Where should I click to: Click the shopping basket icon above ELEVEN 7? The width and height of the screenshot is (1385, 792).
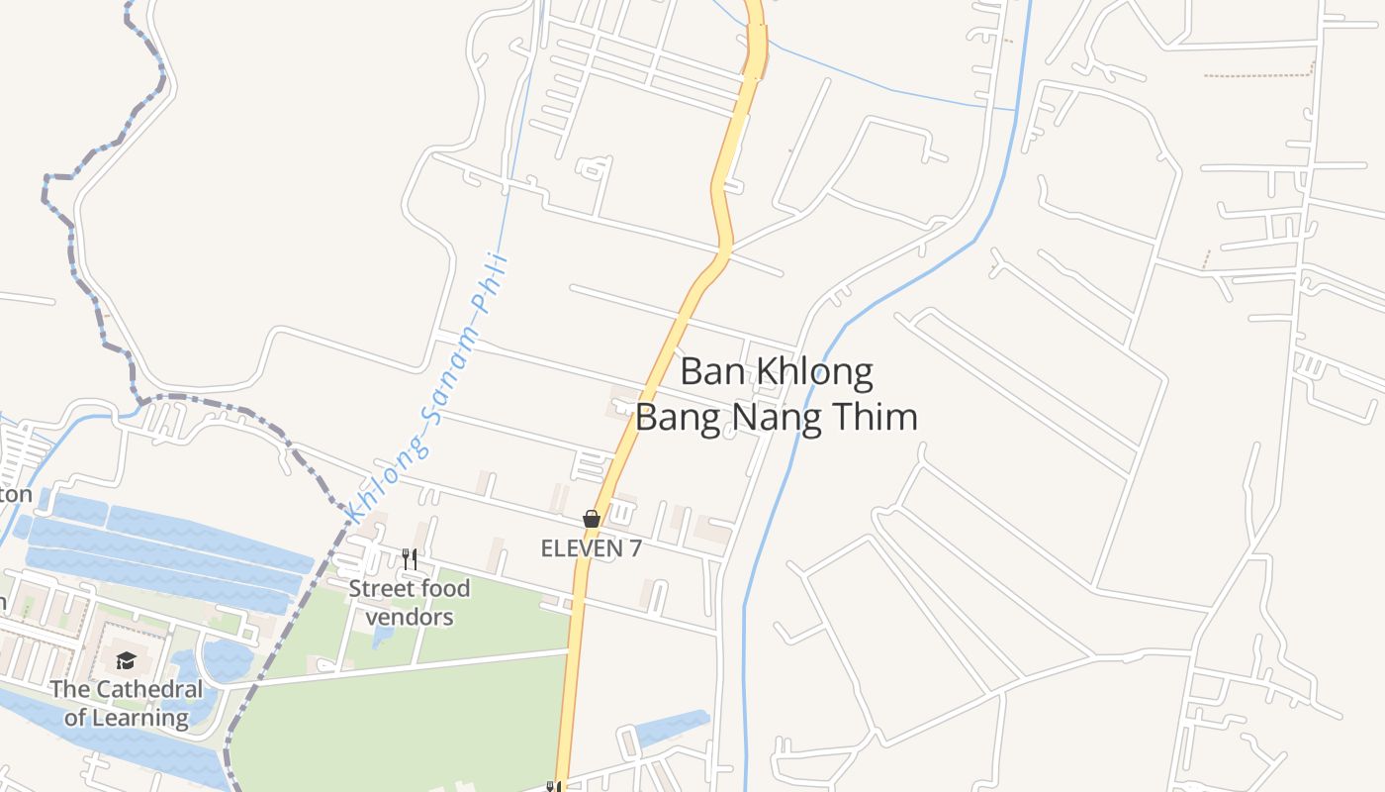[592, 519]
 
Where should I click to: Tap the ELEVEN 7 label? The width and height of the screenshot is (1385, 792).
[591, 548]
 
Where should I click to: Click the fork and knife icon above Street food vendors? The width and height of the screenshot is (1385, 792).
[410, 559]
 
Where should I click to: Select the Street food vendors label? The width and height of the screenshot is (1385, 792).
[410, 603]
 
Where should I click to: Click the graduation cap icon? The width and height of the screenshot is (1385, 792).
[126, 660]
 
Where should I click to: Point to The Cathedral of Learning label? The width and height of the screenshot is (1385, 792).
[126, 703]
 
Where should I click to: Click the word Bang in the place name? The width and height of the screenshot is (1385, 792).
[677, 417]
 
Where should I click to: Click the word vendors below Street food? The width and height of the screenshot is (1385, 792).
[410, 618]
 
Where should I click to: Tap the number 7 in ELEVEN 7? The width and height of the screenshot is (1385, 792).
[634, 548]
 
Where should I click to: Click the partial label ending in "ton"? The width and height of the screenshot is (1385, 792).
[16, 494]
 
